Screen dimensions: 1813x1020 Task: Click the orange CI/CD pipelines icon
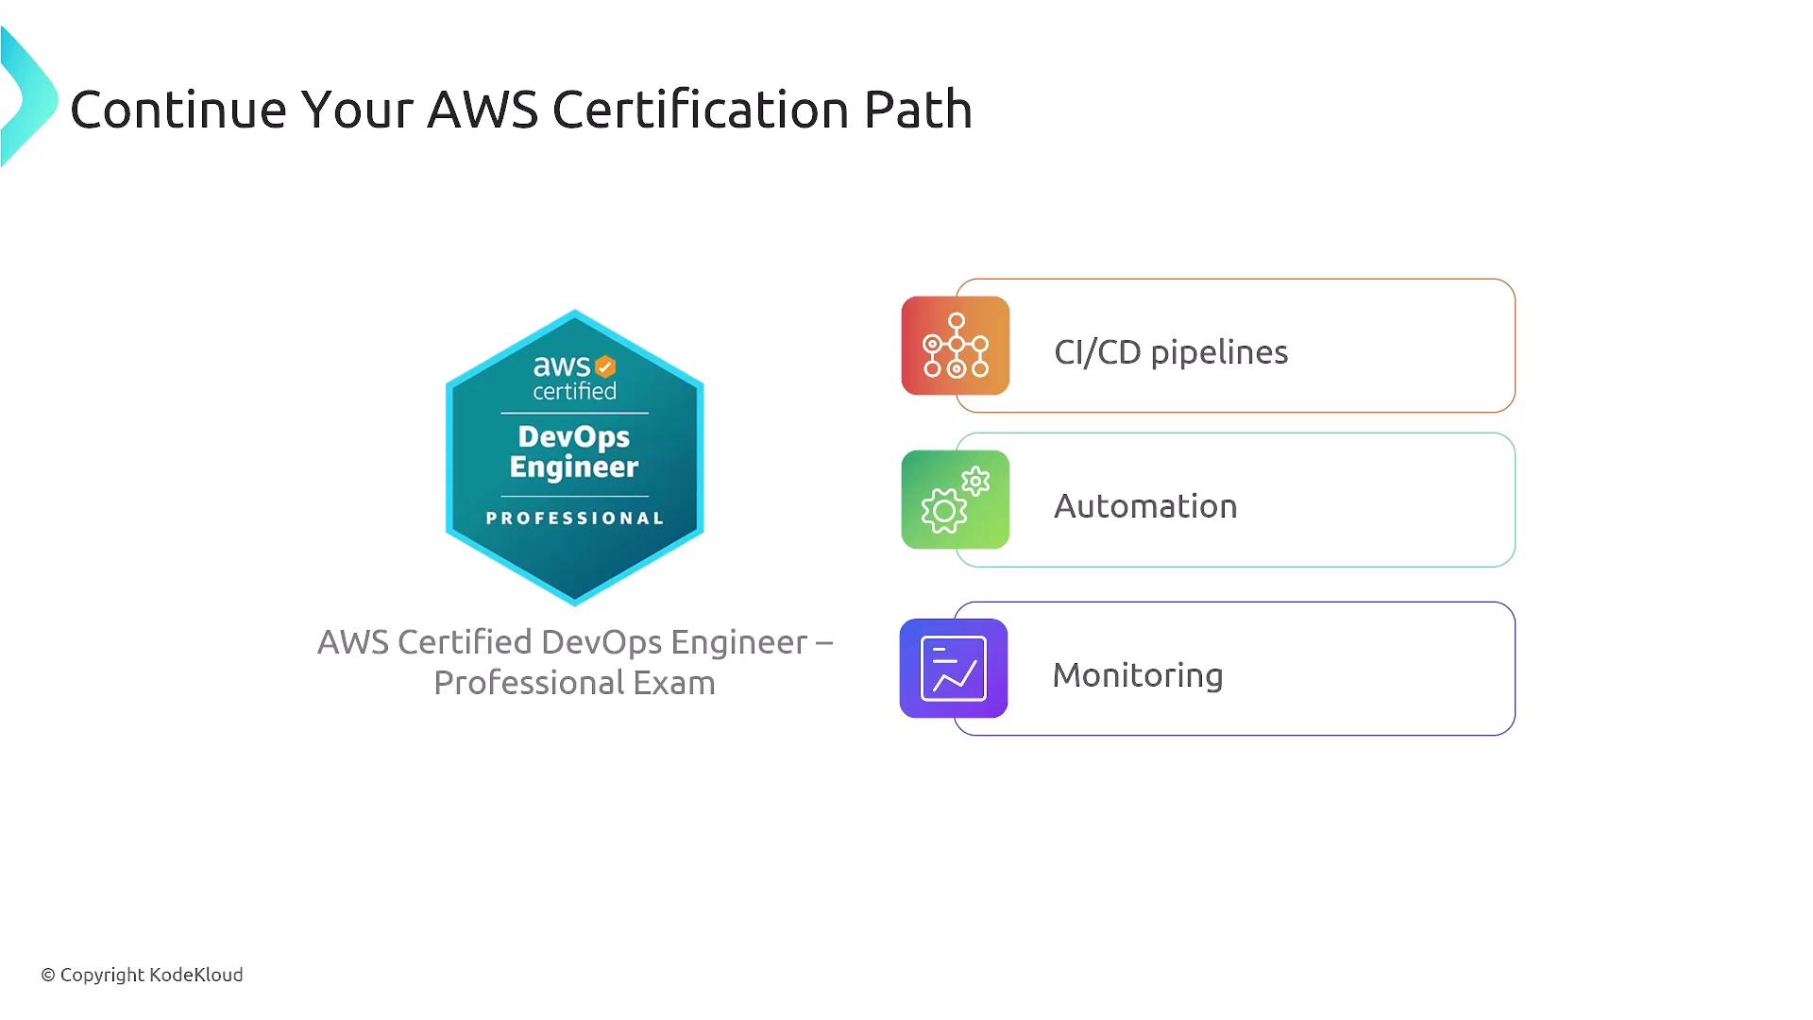(x=956, y=346)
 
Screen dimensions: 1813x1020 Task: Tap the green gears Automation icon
(x=956, y=500)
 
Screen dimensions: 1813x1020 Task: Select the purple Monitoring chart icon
(x=954, y=669)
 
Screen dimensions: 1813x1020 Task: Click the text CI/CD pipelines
(x=1171, y=352)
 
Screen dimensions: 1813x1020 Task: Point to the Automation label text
(x=1145, y=506)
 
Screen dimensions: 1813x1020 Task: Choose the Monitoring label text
(x=1138, y=675)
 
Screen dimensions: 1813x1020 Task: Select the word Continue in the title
(x=178, y=110)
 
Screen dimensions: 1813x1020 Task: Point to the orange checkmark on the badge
(x=605, y=366)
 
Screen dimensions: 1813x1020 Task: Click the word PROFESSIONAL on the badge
(x=575, y=518)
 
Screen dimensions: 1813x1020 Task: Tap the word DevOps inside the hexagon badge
(x=574, y=437)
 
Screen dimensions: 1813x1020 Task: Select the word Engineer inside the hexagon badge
(x=574, y=467)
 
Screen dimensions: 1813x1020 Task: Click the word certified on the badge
(x=575, y=391)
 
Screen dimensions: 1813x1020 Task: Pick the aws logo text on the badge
(x=562, y=365)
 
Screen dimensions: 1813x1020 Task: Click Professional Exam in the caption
(x=574, y=683)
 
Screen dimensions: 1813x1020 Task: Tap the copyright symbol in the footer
(x=48, y=975)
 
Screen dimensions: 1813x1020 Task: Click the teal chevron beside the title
(x=28, y=97)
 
